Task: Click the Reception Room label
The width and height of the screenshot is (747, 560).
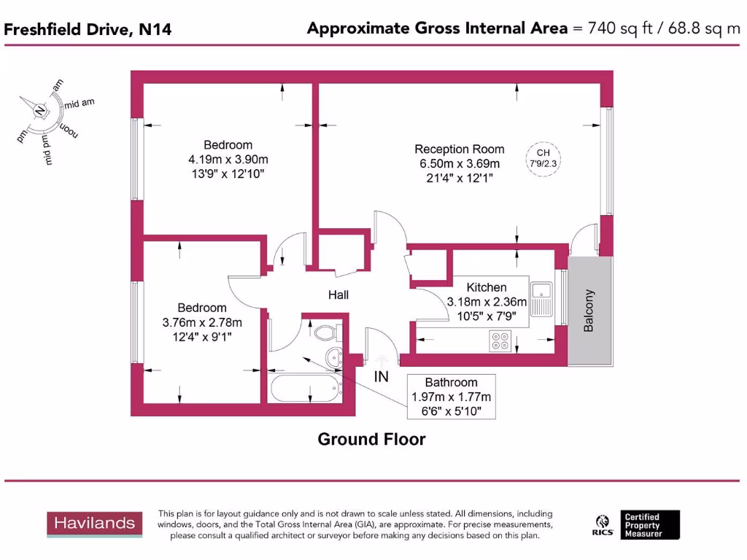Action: click(x=460, y=149)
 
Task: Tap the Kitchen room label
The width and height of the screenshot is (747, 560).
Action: click(x=487, y=287)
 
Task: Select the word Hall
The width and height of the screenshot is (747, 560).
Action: click(x=338, y=295)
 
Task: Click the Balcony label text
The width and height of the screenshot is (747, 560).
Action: click(x=589, y=311)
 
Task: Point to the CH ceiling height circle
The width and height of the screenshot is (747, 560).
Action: click(x=543, y=158)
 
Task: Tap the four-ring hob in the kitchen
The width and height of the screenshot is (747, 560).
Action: click(x=501, y=340)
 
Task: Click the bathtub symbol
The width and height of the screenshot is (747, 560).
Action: click(x=306, y=388)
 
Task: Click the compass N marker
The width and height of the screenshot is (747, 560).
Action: click(x=40, y=110)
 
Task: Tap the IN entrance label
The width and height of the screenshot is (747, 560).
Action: click(x=382, y=377)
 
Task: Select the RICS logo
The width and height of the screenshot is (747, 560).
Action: click(x=603, y=524)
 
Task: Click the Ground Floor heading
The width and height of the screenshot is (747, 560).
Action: click(x=371, y=439)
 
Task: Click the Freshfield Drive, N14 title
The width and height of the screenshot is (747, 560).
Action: click(x=88, y=29)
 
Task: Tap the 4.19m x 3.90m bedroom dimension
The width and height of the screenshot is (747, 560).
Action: click(x=228, y=159)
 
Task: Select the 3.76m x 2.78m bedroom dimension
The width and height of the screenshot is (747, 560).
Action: click(x=202, y=322)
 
